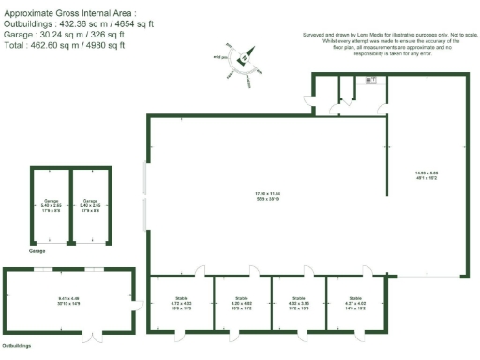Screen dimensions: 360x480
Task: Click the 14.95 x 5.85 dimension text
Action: point(427,172)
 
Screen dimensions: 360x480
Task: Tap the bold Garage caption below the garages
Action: point(37,251)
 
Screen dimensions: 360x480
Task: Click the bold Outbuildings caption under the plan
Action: point(15,346)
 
